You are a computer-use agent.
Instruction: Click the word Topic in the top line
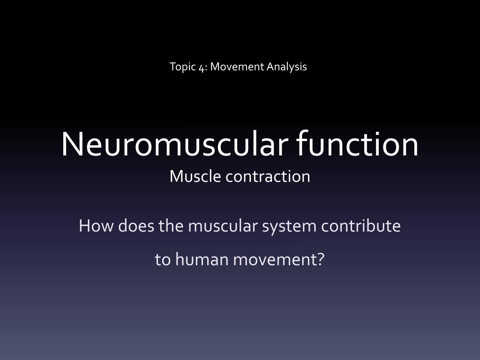coord(182,67)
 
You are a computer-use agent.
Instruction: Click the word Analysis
coord(286,67)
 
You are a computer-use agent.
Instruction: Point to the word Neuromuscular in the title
coord(174,143)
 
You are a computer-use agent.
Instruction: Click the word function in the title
coord(357,142)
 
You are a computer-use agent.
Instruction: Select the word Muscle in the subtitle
coord(195,176)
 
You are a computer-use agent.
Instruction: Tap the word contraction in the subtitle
coord(268,177)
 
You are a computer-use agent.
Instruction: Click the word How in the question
coord(96,226)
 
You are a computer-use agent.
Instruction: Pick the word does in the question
coord(136,226)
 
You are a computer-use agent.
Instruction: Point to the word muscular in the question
coord(223,226)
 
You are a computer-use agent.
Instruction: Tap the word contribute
coord(361,226)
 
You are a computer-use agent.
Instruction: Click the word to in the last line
coord(163,260)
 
